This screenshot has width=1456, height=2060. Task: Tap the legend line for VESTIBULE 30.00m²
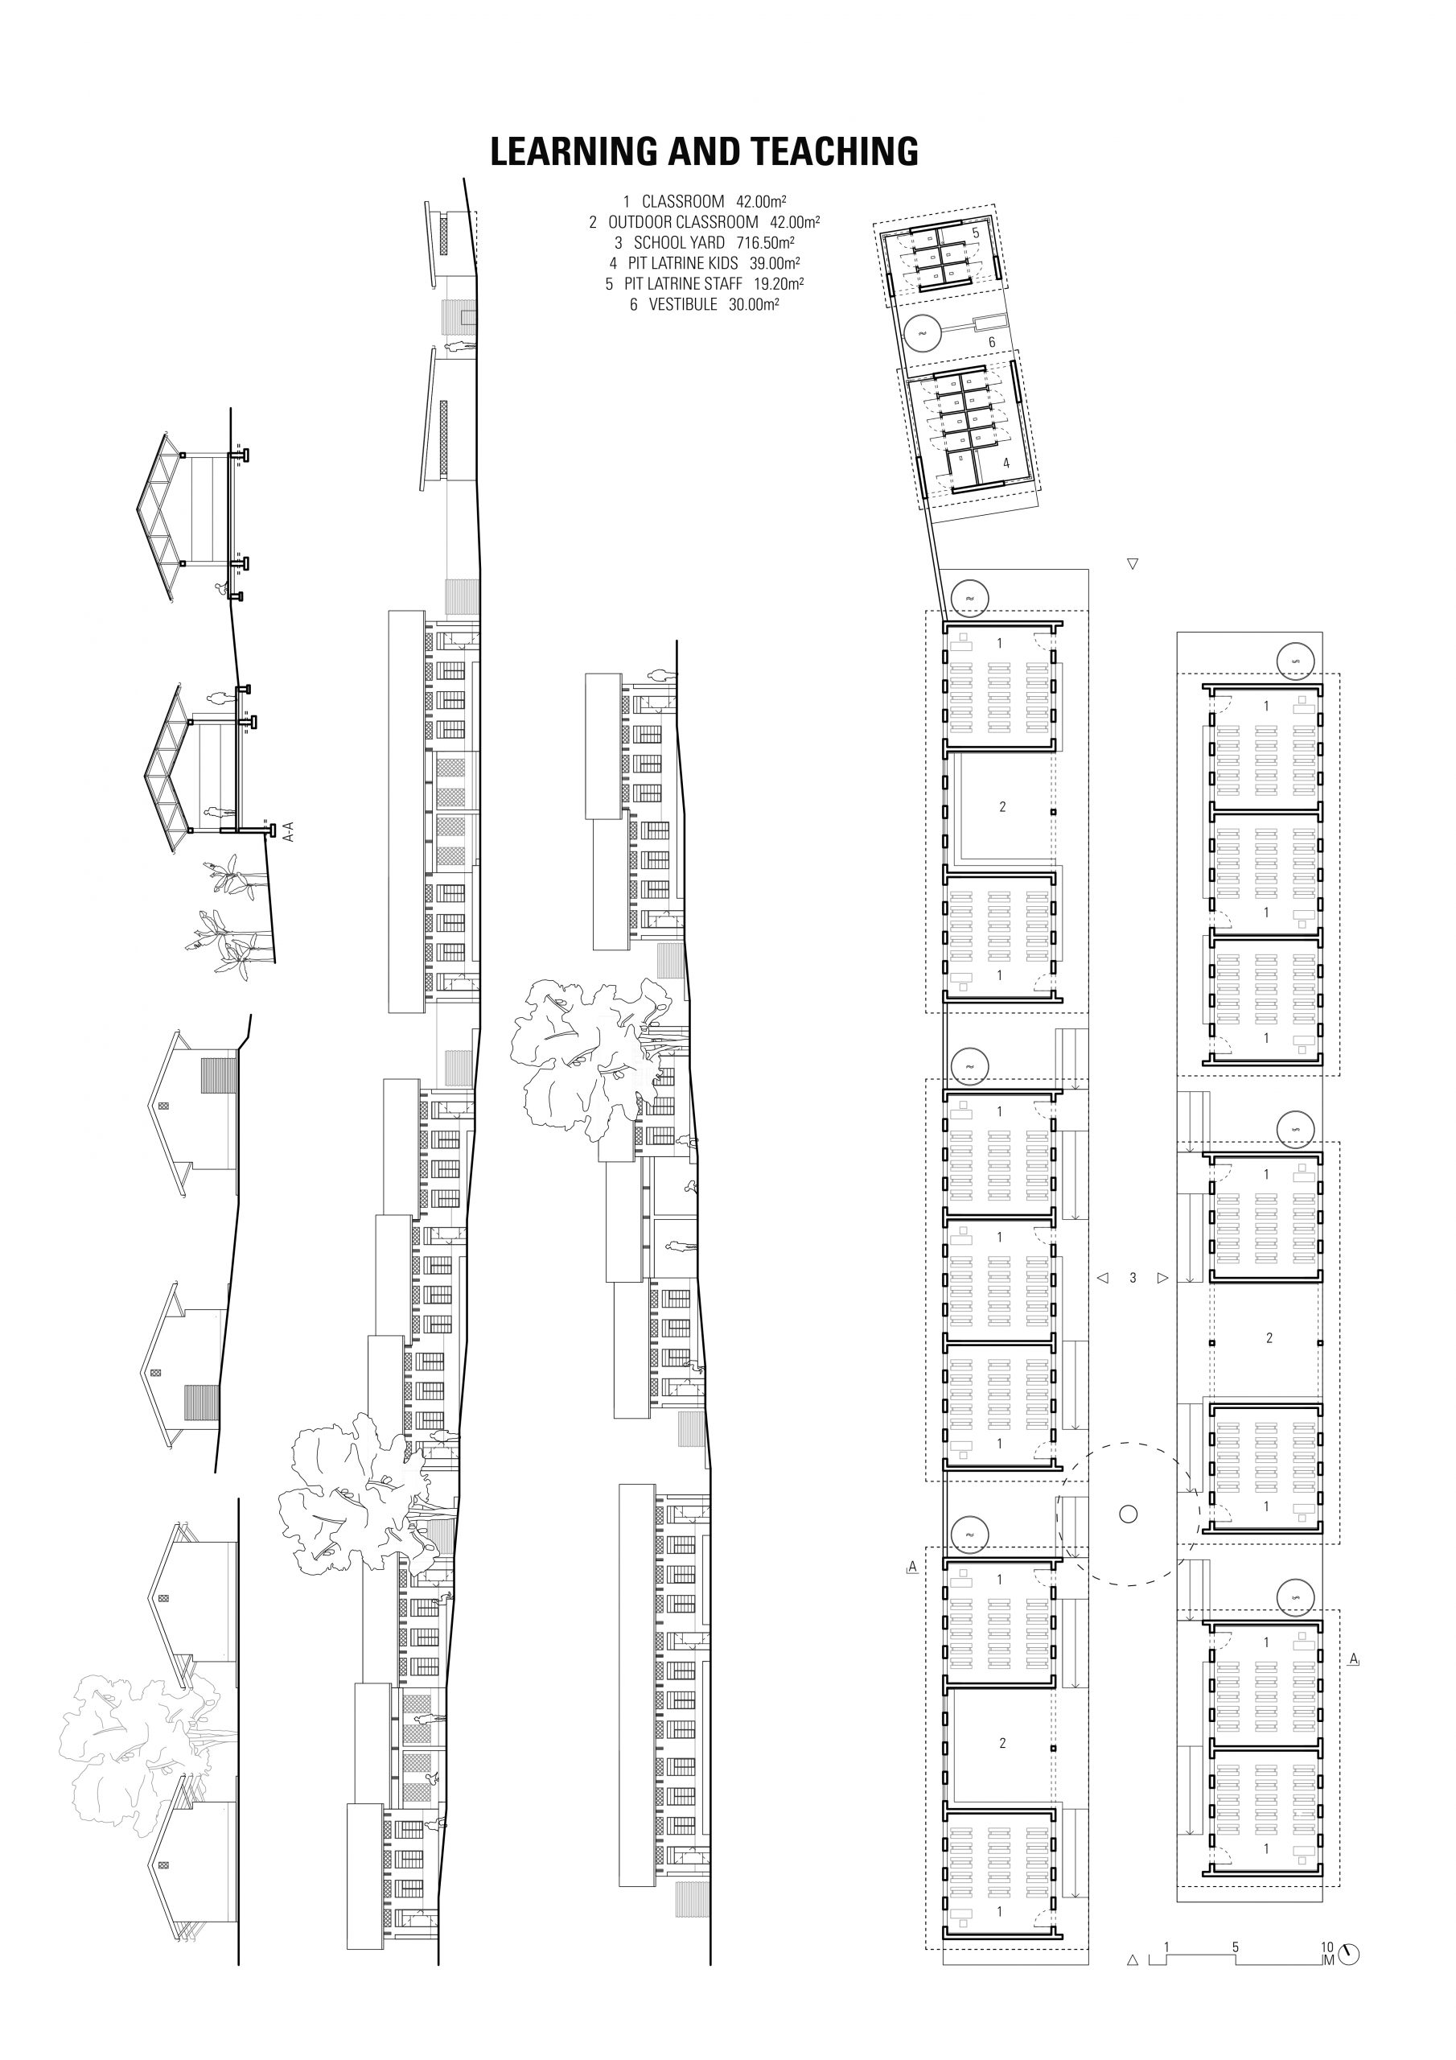click(703, 305)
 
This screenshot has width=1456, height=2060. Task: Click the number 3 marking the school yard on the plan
click(1133, 1278)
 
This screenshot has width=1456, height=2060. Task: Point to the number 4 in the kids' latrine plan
click(1006, 463)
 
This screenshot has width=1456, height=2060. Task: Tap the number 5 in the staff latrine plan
click(975, 233)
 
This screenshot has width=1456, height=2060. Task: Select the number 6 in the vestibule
click(991, 342)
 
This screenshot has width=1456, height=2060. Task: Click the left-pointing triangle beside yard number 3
click(1104, 1278)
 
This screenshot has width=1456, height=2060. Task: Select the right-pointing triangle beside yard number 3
click(1162, 1278)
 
